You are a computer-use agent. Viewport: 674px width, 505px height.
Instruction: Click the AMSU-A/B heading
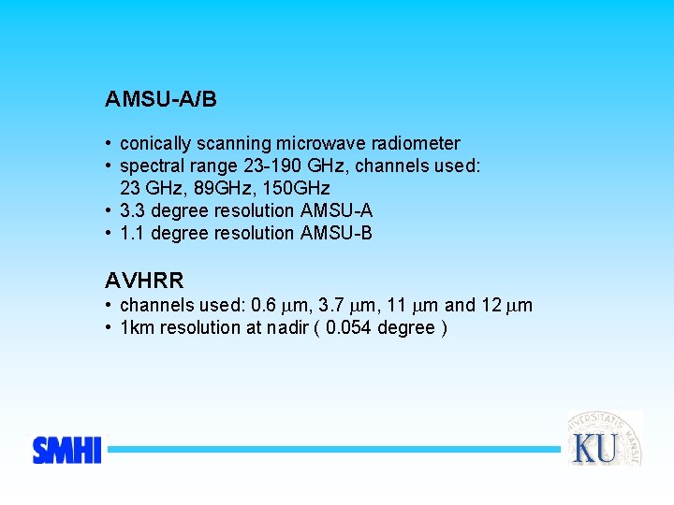tap(161, 98)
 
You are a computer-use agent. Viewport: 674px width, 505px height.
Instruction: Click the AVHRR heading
tap(145, 280)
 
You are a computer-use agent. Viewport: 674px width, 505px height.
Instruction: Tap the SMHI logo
tap(66, 450)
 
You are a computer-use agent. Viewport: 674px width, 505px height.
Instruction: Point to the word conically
tap(155, 144)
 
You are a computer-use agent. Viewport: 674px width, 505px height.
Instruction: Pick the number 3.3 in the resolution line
tap(132, 211)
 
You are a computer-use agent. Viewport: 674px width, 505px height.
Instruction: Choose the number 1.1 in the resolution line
tap(132, 234)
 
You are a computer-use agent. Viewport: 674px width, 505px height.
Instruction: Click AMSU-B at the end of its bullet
tap(337, 234)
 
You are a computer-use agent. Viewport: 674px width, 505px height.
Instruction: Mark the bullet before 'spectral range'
tap(110, 166)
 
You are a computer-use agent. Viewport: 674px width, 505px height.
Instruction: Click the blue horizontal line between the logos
tap(332, 450)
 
